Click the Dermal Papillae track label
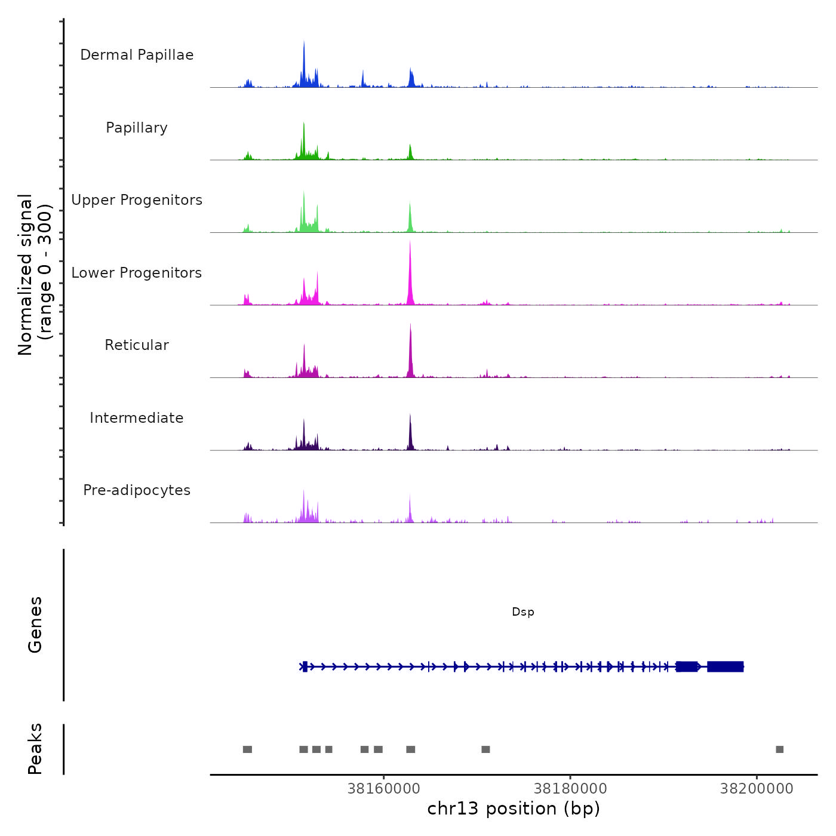tap(137, 55)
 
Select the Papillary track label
tap(137, 128)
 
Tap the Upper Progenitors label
tap(137, 200)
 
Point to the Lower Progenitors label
tap(137, 273)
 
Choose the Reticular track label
tap(137, 345)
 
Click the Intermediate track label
tap(137, 418)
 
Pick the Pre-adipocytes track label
tap(137, 490)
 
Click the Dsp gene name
tap(523, 612)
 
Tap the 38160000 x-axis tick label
tap(384, 789)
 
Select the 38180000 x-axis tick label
tap(570, 789)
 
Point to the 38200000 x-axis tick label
tap(757, 789)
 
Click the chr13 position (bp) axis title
tap(514, 809)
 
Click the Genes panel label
tap(35, 625)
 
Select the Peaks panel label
tap(35, 749)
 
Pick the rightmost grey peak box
tap(779, 749)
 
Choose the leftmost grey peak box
tap(247, 749)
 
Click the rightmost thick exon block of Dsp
tap(726, 666)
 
